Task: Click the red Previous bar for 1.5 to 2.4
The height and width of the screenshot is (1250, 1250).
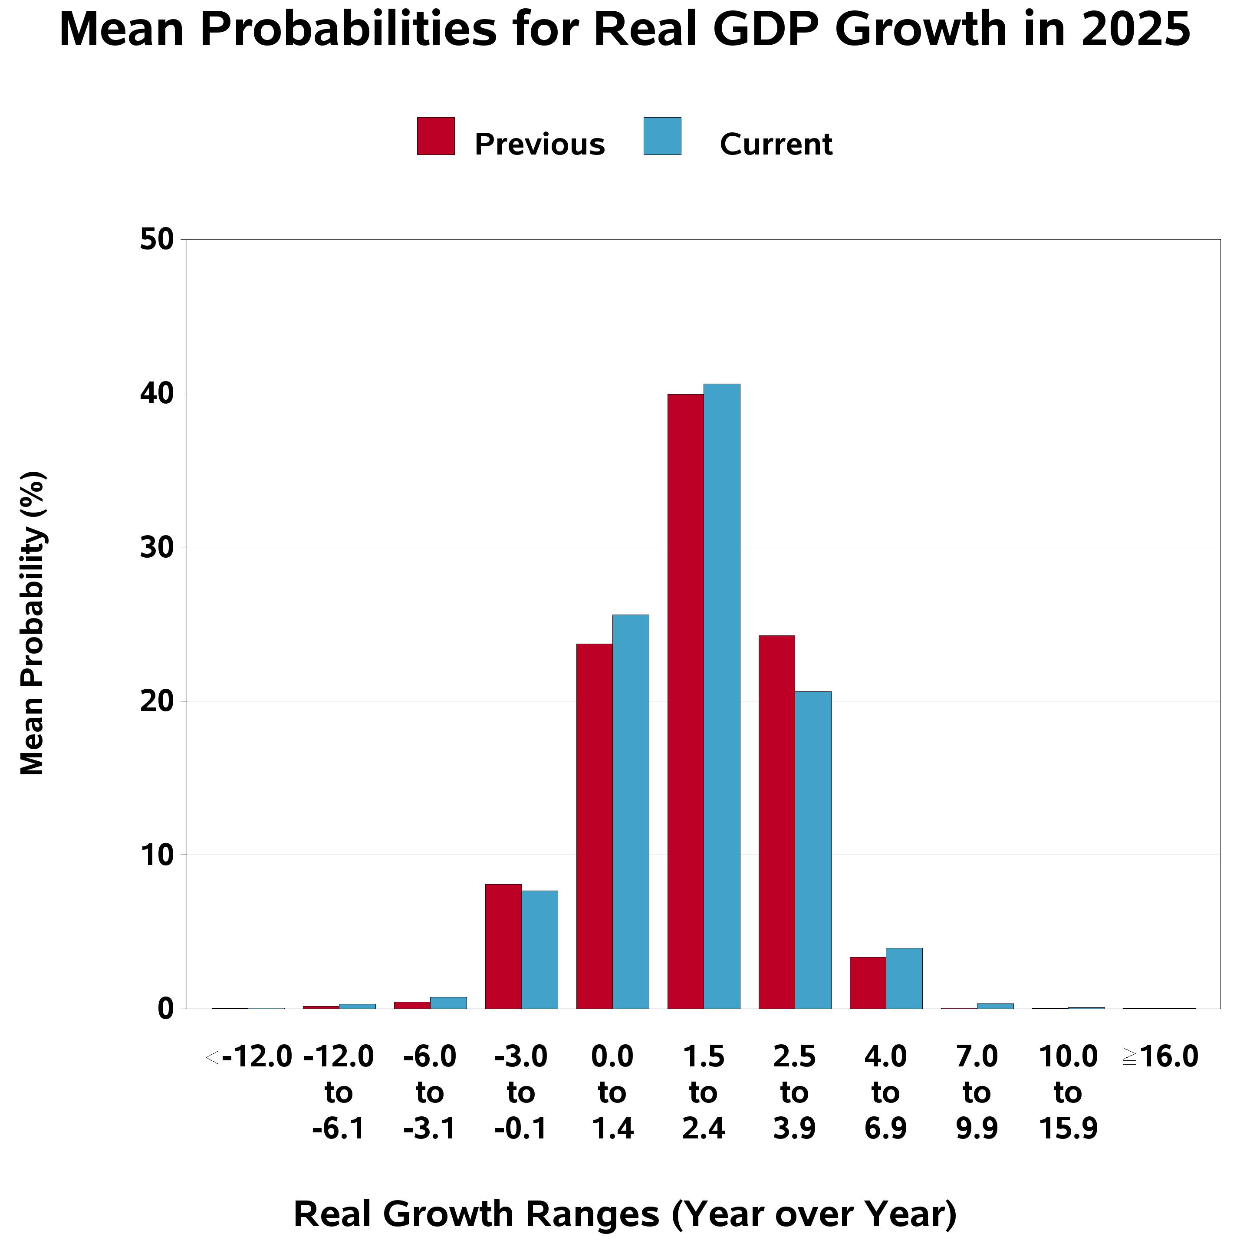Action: click(x=686, y=702)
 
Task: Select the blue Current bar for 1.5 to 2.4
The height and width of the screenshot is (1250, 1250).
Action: click(x=722, y=697)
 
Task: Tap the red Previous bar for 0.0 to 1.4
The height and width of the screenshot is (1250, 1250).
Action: click(x=595, y=827)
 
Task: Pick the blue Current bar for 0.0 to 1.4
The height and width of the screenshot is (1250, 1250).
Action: click(x=631, y=812)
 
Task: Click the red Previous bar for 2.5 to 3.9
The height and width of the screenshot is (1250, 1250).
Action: click(x=777, y=822)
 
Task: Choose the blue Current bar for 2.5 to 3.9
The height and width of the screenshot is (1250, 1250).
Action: click(x=813, y=851)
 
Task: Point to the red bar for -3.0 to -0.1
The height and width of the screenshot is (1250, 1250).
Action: click(x=503, y=947)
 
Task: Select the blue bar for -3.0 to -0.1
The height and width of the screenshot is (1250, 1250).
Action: click(x=539, y=950)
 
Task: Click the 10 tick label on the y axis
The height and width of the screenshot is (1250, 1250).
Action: click(x=157, y=855)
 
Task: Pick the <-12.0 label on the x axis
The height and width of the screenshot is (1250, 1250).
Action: click(x=249, y=1057)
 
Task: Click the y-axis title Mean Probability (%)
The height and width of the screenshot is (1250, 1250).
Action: click(x=33, y=624)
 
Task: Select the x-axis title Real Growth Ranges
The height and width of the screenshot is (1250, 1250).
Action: click(x=625, y=1214)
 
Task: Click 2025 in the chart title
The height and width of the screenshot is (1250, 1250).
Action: click(x=1135, y=30)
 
